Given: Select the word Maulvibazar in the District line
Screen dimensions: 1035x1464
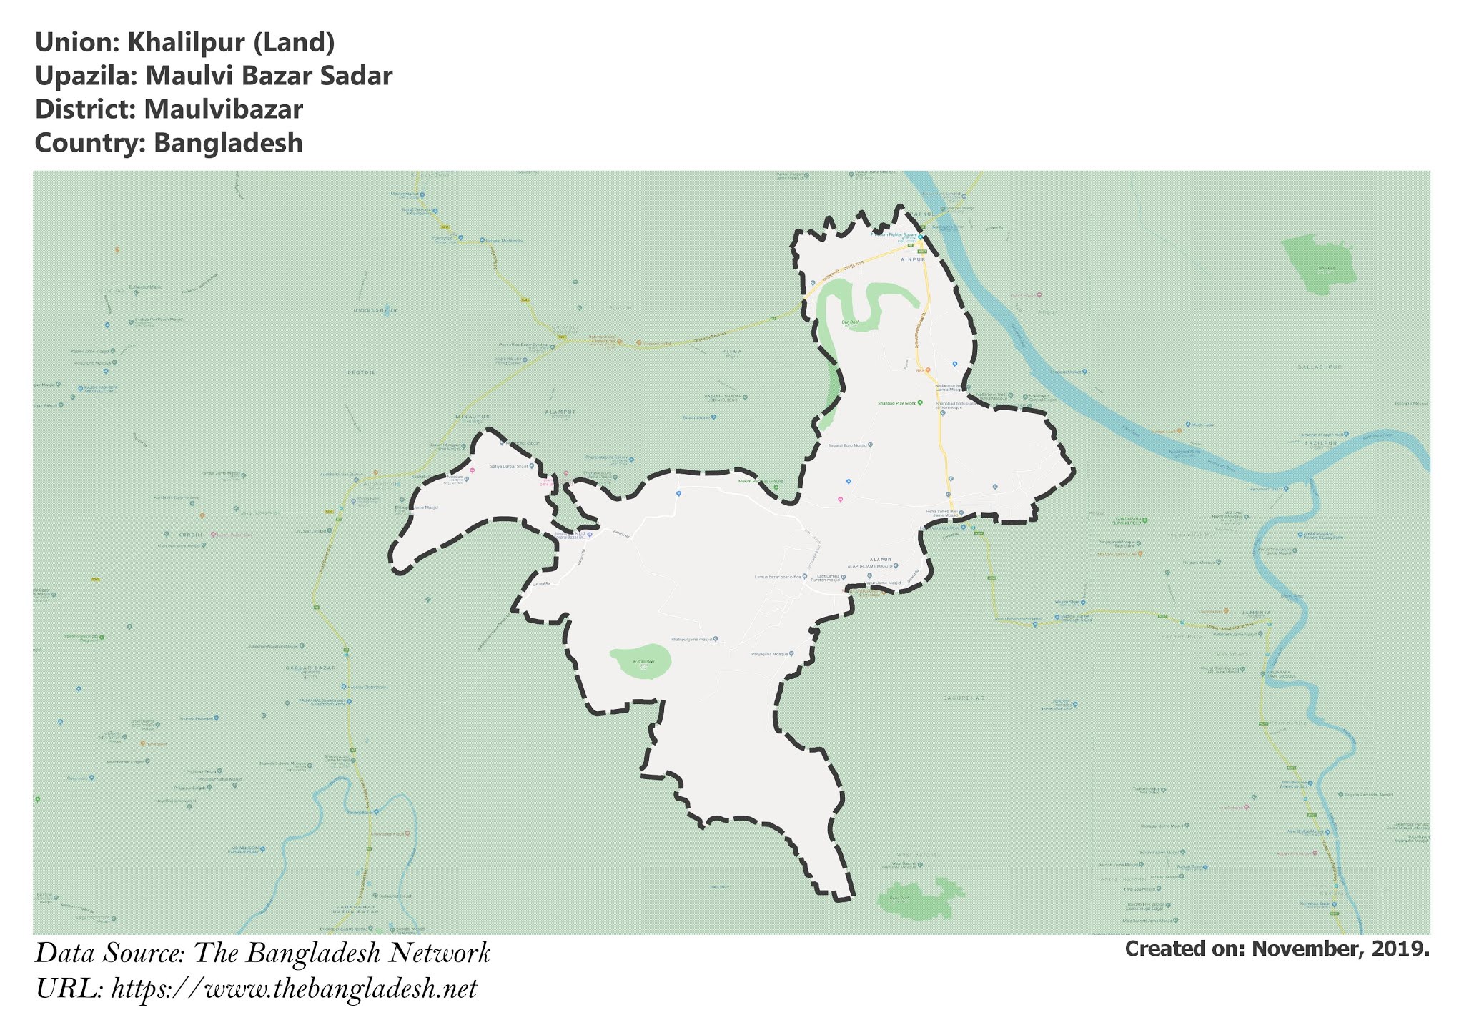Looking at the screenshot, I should (x=223, y=110).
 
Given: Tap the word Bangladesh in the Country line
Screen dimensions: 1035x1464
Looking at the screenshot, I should (x=228, y=143).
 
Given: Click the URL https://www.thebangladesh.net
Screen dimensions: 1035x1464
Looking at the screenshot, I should (x=294, y=989).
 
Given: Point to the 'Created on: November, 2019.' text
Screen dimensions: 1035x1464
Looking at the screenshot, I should (x=1277, y=949).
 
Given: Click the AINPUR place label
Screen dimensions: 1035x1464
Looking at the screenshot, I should (x=913, y=259).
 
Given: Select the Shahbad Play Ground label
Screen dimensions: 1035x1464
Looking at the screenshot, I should (x=897, y=403).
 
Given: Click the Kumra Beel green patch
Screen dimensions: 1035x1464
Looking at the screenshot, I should (x=640, y=662).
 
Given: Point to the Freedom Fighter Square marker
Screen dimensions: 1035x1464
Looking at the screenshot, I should (x=920, y=237).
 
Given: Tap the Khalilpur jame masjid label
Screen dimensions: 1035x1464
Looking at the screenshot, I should (x=693, y=639).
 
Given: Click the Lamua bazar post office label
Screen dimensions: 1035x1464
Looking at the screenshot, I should (x=780, y=576).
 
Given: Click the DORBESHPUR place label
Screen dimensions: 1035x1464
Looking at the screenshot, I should (x=375, y=310).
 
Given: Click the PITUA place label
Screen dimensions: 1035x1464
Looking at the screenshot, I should (x=732, y=352).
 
